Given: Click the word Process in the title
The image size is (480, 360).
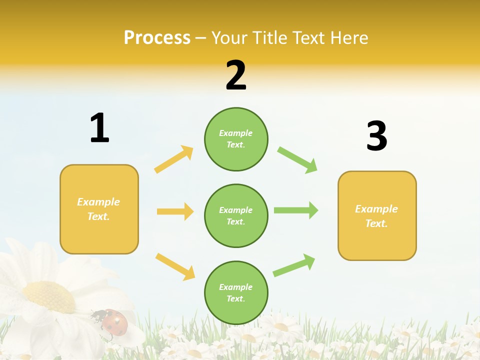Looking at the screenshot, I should (157, 38).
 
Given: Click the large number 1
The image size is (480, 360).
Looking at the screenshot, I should (99, 128).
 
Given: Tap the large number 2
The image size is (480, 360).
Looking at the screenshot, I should (236, 75).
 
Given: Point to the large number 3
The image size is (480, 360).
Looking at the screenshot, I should (376, 136).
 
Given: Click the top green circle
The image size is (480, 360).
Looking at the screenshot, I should (236, 139).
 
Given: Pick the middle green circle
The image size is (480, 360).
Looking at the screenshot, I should (236, 215).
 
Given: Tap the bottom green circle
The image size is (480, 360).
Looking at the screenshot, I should (236, 292).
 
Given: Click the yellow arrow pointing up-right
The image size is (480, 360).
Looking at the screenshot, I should (173, 159).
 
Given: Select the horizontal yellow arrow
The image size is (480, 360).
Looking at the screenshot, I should (175, 211).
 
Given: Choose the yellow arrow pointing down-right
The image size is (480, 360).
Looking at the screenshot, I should (175, 266).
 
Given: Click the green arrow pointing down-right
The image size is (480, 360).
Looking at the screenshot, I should (297, 160).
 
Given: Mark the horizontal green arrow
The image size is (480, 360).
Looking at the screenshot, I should (295, 210).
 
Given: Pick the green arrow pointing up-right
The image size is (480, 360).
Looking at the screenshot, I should (294, 265).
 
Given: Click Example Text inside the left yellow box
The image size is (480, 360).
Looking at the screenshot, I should (98, 209).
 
